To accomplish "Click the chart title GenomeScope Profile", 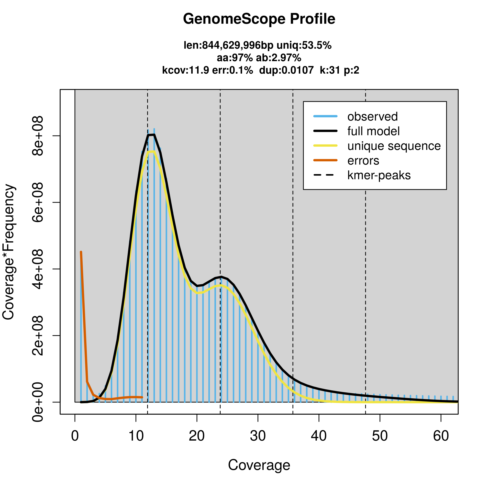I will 259,19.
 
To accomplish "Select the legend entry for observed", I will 372,117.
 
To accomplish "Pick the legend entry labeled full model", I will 373,131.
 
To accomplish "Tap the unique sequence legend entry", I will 394,146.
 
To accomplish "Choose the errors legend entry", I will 363,161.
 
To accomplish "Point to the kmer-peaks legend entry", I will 379,175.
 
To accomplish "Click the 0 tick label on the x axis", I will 75,436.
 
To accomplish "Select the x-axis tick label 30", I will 258,436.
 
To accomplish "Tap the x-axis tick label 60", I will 441,436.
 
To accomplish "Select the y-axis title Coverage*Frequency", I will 9,252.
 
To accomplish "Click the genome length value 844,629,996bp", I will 238,45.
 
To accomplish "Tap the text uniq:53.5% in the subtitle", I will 304,45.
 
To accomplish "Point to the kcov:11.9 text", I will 186,70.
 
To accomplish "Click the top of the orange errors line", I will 81,252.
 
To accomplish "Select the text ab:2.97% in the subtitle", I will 278,58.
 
